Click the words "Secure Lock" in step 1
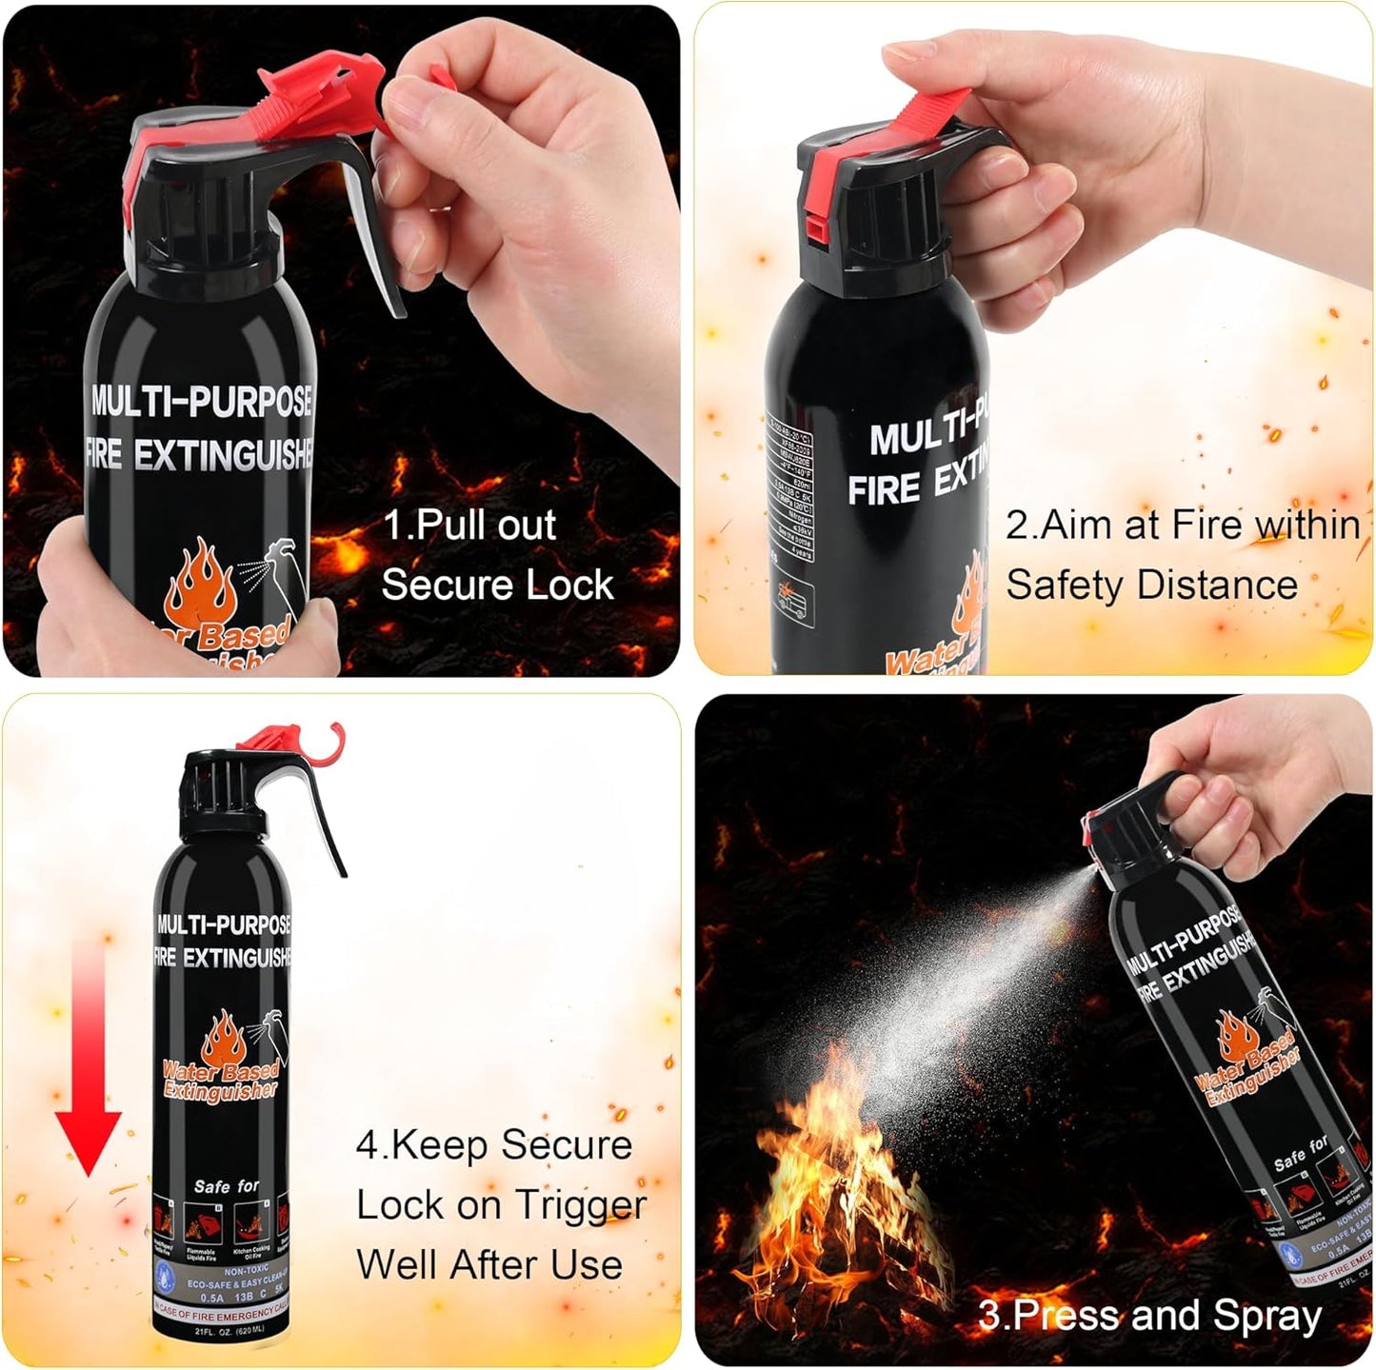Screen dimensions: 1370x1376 point(497,585)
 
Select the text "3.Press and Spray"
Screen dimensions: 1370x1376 point(1150,1316)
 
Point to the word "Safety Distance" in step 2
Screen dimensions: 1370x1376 point(1151,585)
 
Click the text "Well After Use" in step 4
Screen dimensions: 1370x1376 point(489,1265)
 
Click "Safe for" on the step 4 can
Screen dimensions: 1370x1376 point(227,1186)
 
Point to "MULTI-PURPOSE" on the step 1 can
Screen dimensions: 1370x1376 point(202,402)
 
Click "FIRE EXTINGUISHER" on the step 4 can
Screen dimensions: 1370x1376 point(223,957)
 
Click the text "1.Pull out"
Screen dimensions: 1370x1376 point(470,526)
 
